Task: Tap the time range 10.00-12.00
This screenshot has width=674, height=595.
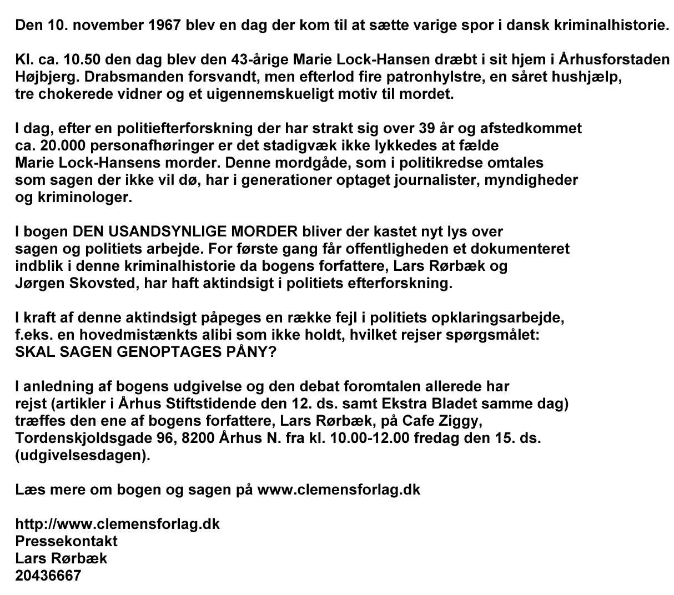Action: point(370,438)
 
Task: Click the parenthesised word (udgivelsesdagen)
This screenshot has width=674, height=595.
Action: point(83,456)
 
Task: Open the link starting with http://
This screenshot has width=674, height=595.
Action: point(117,524)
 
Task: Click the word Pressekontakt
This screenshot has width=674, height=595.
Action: point(66,541)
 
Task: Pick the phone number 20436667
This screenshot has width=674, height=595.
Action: point(48,576)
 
